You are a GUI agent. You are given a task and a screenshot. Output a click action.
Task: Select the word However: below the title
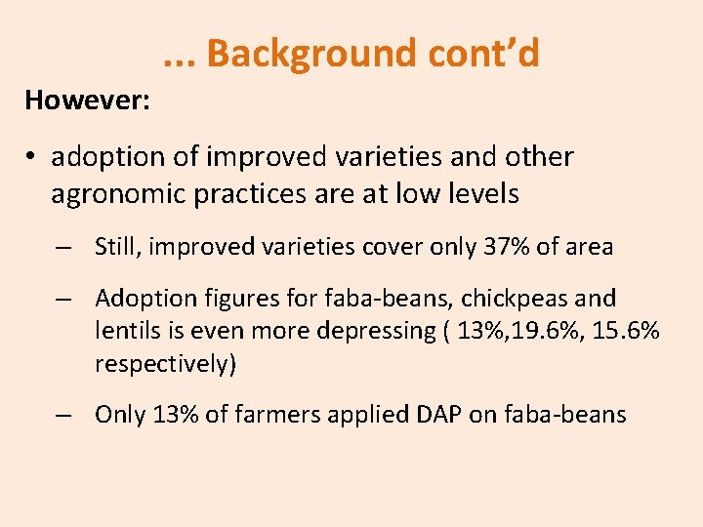point(87,100)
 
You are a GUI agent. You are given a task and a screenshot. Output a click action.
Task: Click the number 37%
point(507,247)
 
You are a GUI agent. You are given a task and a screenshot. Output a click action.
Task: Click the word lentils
point(125,331)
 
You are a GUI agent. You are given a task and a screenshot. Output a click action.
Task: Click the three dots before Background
point(179,54)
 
